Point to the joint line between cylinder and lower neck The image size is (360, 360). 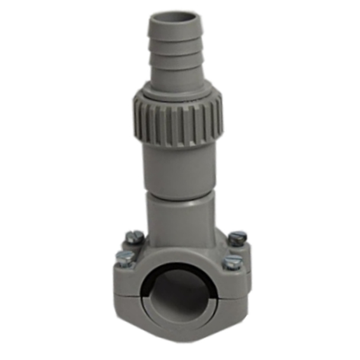click(x=179, y=193)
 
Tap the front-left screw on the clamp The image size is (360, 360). click(x=124, y=257)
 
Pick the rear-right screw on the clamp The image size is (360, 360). click(x=237, y=238)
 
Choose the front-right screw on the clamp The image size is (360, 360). click(x=233, y=260)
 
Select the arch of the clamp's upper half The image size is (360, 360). click(x=180, y=258)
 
